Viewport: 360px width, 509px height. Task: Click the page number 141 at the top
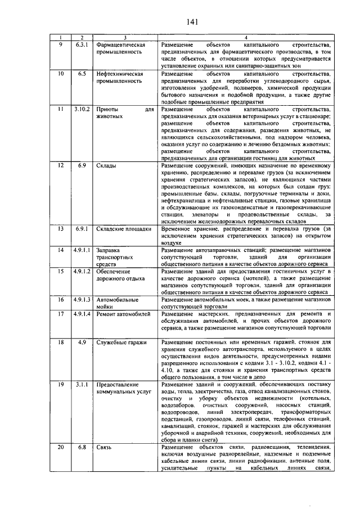point(191,22)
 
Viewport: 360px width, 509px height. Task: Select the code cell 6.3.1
point(82,44)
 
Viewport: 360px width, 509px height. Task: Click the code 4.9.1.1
point(82,249)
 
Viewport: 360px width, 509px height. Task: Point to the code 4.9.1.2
point(82,271)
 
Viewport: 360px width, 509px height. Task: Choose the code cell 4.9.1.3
point(82,300)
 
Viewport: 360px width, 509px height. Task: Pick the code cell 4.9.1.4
point(82,314)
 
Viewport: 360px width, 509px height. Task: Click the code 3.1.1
point(82,384)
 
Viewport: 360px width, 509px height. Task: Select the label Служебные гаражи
point(121,342)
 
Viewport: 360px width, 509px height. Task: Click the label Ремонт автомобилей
point(124,314)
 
